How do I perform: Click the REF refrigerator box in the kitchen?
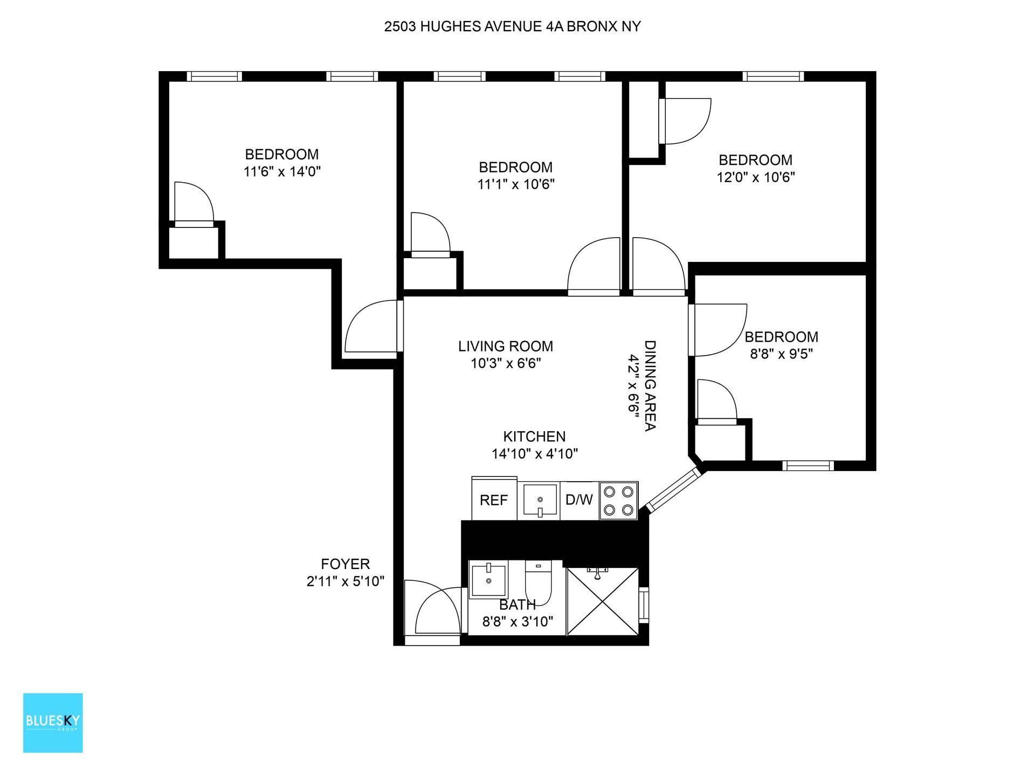tap(494, 499)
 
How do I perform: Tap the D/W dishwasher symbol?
tap(579, 500)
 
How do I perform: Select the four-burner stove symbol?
tap(619, 500)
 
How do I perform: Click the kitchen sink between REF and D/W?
tap(539, 500)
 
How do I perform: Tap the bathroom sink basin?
tap(488, 579)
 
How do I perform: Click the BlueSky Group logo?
tap(53, 723)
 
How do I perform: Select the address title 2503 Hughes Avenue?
tap(512, 26)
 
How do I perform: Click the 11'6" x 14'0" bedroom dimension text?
tap(282, 172)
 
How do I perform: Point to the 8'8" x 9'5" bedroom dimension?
tap(781, 354)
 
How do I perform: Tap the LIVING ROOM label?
tap(506, 346)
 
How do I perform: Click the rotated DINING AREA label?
tap(650, 385)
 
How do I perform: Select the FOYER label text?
tap(345, 564)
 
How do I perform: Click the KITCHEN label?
tap(534, 436)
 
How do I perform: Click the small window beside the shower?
tap(644, 605)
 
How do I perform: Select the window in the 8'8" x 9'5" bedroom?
tap(808, 466)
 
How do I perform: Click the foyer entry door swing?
tap(434, 612)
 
